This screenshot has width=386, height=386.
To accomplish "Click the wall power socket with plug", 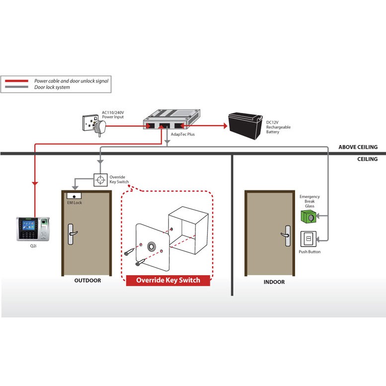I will pyautogui.click(x=92, y=124).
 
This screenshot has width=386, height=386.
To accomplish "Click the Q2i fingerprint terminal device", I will pyautogui.click(x=34, y=228).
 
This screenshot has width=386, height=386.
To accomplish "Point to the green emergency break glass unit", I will pyautogui.click(x=309, y=216).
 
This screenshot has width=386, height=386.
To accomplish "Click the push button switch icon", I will pyautogui.click(x=309, y=239).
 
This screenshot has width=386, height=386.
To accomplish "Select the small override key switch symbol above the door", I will pyautogui.click(x=100, y=179).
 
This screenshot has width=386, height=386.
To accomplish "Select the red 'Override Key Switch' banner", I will pyautogui.click(x=168, y=280).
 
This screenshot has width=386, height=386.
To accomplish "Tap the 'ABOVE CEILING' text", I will pyautogui.click(x=358, y=147).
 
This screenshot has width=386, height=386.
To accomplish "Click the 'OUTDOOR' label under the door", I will pyautogui.click(x=87, y=281).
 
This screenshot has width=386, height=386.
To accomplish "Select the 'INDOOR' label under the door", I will pyautogui.click(x=274, y=282).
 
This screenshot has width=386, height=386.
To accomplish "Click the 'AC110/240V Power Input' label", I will pyautogui.click(x=113, y=115).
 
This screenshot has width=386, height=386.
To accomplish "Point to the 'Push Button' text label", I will pyautogui.click(x=309, y=252).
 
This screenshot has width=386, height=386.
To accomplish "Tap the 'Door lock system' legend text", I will pyautogui.click(x=52, y=87).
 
